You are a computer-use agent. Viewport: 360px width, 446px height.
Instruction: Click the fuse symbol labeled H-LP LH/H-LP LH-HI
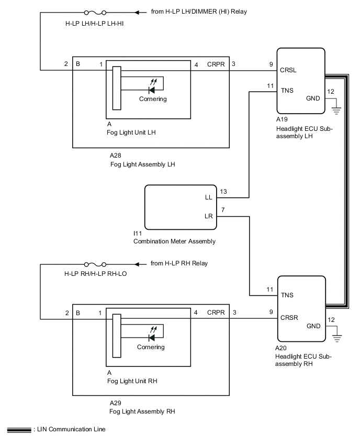(95, 12)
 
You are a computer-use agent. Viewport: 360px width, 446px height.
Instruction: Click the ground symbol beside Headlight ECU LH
(335, 109)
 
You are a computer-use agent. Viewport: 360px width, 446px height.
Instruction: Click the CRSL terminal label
(288, 69)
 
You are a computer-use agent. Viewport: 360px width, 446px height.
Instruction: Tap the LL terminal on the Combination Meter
(209, 198)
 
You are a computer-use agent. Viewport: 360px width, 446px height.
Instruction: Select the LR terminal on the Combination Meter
(209, 215)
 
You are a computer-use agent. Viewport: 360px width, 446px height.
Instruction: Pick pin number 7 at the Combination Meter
(223, 209)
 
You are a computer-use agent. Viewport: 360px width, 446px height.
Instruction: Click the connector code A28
(116, 155)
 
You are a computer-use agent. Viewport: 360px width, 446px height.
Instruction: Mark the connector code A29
(116, 403)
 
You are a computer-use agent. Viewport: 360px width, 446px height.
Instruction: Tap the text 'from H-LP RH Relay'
(179, 263)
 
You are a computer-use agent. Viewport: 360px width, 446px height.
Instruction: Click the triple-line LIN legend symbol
(19, 430)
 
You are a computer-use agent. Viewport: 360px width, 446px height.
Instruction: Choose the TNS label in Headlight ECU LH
(287, 90)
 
